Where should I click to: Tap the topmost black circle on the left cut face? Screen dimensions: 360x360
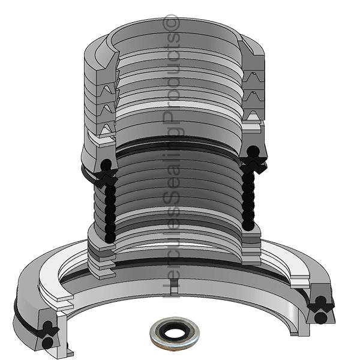coord(106,164)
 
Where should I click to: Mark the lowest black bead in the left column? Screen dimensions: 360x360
coord(107,237)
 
